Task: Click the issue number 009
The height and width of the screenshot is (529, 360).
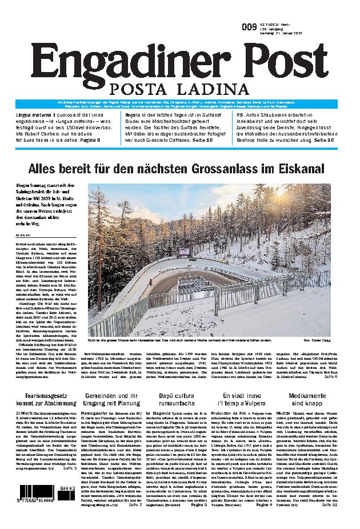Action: coord(249,27)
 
